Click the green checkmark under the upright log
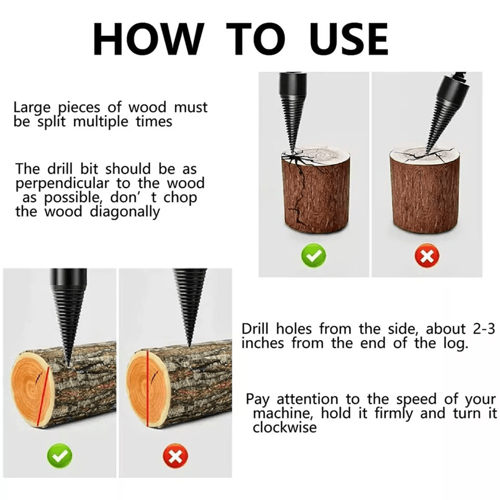(313, 257)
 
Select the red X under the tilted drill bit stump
(426, 257)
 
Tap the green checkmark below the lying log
(59, 456)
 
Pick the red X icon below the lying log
(175, 456)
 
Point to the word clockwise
(284, 428)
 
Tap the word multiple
(101, 122)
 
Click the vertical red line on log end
(147, 388)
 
